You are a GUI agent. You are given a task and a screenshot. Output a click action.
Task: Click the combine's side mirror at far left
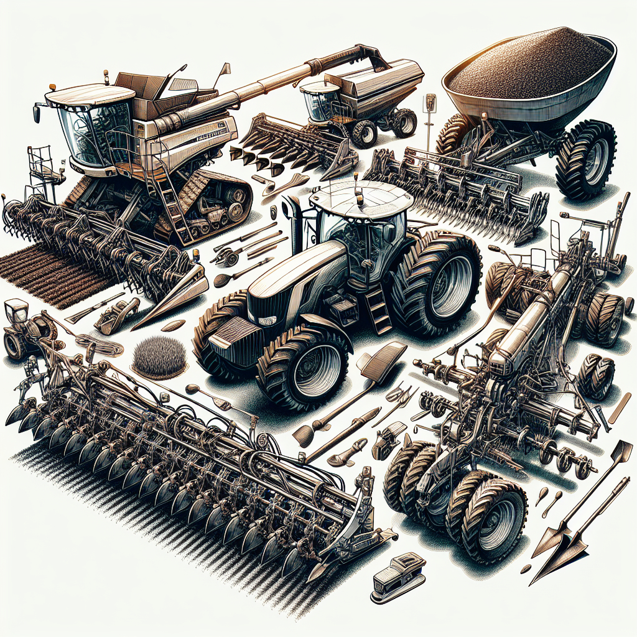[x=37, y=114]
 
